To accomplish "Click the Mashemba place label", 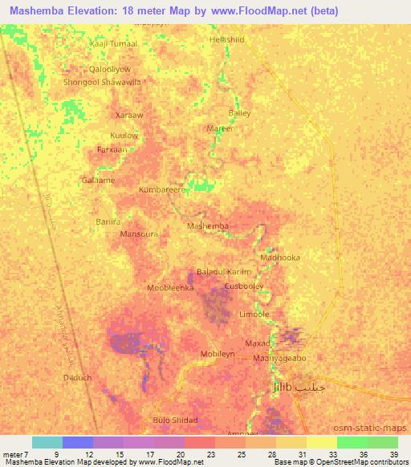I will [x=207, y=226].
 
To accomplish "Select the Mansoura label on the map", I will [x=139, y=235].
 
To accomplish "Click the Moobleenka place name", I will [x=171, y=286].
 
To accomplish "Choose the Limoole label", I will [x=254, y=315].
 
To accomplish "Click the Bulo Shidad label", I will [x=174, y=420].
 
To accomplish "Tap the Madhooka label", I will [x=280, y=258].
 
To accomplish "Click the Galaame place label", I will [x=98, y=181].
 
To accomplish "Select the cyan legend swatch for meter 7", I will [x=47, y=442].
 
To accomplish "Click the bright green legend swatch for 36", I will [x=352, y=442].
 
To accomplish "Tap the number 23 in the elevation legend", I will [x=216, y=455].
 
